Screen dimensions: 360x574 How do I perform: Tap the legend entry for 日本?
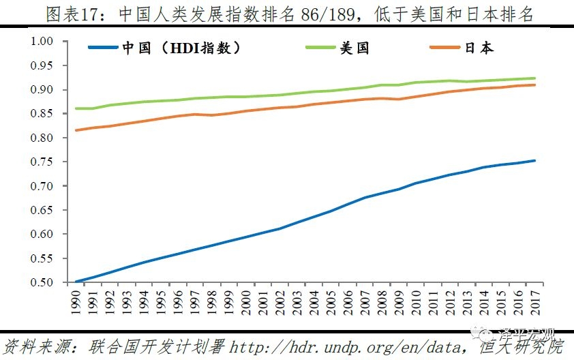[479, 48]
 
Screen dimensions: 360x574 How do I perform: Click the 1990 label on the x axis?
[76, 299]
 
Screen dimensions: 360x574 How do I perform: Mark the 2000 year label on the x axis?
[245, 299]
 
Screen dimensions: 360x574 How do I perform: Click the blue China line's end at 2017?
[534, 161]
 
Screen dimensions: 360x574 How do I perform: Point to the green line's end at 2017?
[534, 78]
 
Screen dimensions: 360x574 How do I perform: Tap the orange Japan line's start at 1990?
[76, 130]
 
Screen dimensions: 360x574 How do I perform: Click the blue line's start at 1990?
[76, 282]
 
